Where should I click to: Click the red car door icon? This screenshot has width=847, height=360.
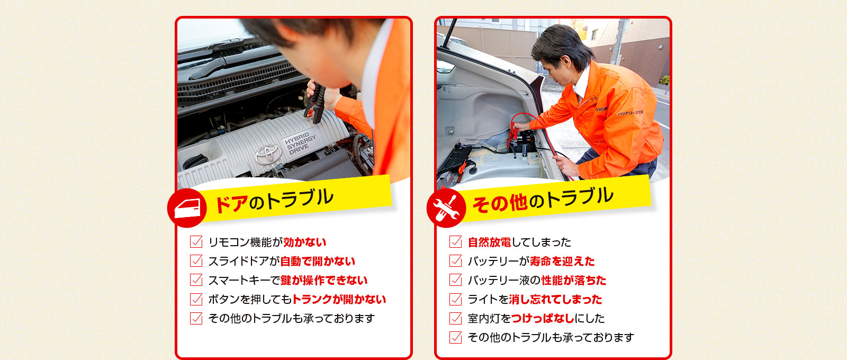(187, 208)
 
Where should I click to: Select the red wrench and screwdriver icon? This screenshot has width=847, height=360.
(446, 208)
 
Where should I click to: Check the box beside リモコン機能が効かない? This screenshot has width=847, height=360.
(196, 241)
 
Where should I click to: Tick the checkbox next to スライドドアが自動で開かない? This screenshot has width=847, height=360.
(196, 260)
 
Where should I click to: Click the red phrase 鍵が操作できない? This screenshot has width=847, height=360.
(324, 280)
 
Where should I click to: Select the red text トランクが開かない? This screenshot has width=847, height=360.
(339, 299)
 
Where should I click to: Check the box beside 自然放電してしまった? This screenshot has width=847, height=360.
(456, 241)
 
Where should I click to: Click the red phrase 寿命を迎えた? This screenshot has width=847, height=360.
(562, 261)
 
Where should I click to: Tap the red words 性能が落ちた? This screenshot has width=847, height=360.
(574, 280)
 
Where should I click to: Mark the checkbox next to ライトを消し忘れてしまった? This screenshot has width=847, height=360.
(456, 299)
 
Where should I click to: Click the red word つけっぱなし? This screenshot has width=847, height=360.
(543, 318)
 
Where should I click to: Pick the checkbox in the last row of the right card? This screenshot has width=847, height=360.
(456, 337)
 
